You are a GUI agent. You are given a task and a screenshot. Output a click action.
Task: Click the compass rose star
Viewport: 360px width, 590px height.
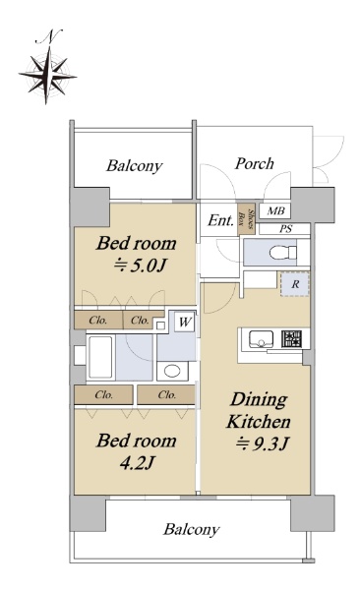[47, 76]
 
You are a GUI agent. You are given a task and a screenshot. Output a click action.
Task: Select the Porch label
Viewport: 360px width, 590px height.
[254, 163]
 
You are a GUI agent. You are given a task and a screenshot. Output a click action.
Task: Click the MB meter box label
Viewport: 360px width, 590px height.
[275, 210]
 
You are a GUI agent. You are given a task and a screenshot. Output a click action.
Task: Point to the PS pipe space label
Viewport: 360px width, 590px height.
[285, 229]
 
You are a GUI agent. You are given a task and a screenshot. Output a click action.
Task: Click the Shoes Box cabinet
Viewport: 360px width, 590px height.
[246, 219]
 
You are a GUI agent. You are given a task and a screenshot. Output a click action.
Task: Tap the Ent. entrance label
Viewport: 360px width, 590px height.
[220, 220]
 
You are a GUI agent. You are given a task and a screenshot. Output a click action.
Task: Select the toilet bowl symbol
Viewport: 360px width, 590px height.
[283, 252]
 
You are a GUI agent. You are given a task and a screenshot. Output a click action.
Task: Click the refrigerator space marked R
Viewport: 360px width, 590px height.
[295, 284]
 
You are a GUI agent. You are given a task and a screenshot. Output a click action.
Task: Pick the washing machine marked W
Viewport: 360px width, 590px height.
[185, 322]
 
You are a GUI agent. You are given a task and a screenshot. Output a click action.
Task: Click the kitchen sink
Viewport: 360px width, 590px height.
[261, 339]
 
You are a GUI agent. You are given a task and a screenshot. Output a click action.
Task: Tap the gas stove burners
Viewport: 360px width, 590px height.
[291, 338]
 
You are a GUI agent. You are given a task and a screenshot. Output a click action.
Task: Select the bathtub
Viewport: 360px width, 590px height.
[100, 357]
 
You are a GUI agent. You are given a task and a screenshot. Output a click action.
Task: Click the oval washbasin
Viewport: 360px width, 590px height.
[172, 371]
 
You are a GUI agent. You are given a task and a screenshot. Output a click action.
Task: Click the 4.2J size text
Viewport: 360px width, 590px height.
[137, 462]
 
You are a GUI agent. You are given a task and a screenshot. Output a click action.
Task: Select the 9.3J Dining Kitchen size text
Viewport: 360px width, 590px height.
[263, 444]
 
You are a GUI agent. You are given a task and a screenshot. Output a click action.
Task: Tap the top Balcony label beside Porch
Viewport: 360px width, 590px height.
[134, 165]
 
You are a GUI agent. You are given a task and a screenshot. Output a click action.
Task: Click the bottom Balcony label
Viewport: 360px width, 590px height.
[191, 529]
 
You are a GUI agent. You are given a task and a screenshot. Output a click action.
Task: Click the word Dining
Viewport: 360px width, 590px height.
[259, 400]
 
